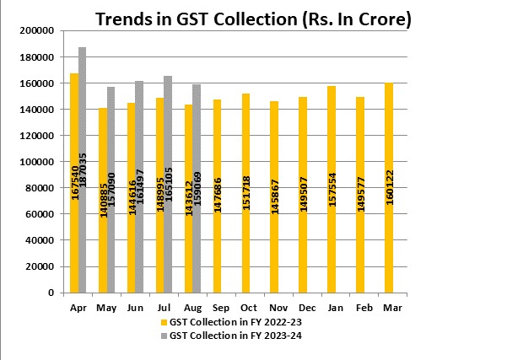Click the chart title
click(253, 19)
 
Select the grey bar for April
click(83, 169)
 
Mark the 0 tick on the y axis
click(52, 293)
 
